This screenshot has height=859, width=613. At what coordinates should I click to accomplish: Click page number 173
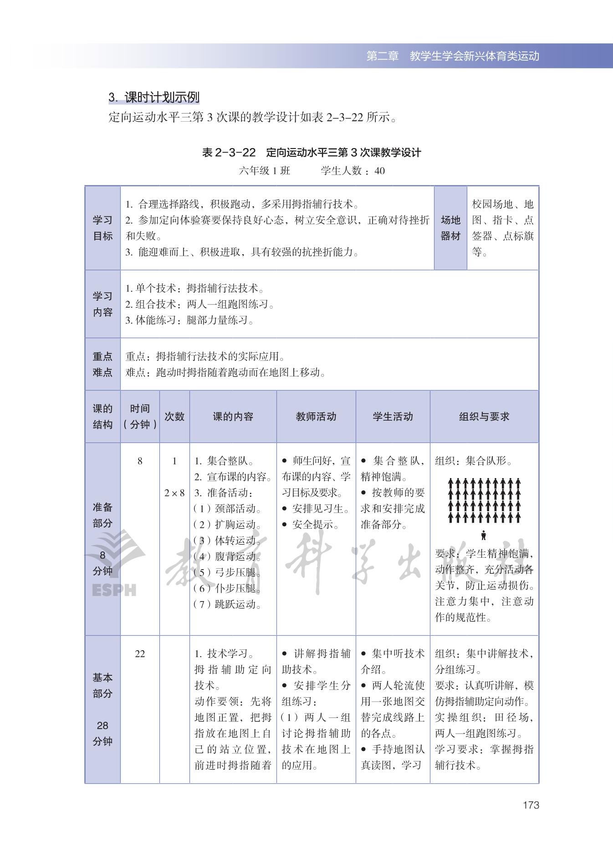pyautogui.click(x=531, y=805)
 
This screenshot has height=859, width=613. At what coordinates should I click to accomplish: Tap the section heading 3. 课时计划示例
pyautogui.click(x=154, y=97)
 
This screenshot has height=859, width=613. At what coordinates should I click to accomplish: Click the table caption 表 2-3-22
pyautogui.click(x=229, y=152)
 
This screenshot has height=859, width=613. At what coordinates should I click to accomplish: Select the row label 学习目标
pyautogui.click(x=102, y=228)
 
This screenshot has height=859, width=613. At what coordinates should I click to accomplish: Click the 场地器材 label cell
pyautogui.click(x=450, y=228)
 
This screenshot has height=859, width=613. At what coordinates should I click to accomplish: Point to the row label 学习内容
pyautogui.click(x=102, y=304)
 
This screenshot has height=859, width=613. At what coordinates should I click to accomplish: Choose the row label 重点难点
pyautogui.click(x=102, y=364)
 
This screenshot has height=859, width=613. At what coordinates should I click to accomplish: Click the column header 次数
pyautogui.click(x=174, y=417)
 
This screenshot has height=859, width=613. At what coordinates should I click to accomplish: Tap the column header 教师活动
pyautogui.click(x=316, y=417)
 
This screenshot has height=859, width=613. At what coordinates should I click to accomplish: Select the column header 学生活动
pyautogui.click(x=393, y=417)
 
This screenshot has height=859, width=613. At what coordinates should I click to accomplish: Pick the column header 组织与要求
pyautogui.click(x=484, y=417)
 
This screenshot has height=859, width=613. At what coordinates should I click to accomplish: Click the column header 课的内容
pyautogui.click(x=233, y=417)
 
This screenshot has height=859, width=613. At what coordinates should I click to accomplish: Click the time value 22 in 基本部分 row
pyautogui.click(x=140, y=653)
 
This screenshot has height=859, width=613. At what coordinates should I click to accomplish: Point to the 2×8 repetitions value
pyautogui.click(x=174, y=493)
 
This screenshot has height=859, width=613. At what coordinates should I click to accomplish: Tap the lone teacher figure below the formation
pyautogui.click(x=484, y=535)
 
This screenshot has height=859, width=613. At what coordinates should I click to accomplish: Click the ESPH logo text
pyautogui.click(x=114, y=590)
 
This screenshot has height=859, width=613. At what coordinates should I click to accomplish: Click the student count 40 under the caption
pyautogui.click(x=379, y=171)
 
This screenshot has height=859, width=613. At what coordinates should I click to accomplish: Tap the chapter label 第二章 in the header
pyautogui.click(x=383, y=56)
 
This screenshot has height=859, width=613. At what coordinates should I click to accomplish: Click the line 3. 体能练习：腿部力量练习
pyautogui.click(x=189, y=320)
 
